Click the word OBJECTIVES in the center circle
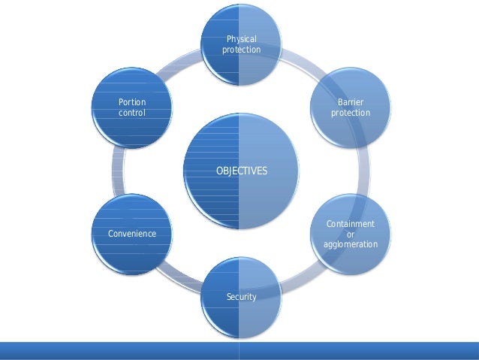[x=241, y=171]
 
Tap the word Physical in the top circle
[x=241, y=38]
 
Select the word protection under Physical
[x=241, y=50]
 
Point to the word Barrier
[x=351, y=101]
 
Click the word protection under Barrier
[x=351, y=113]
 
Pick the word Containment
[x=351, y=224]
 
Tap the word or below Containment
[x=351, y=234]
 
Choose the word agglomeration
[x=351, y=245]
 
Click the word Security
[x=241, y=297]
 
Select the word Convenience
[x=131, y=234]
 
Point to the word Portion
[x=132, y=101]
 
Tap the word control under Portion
[x=132, y=113]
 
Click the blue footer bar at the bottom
[x=239, y=350]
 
